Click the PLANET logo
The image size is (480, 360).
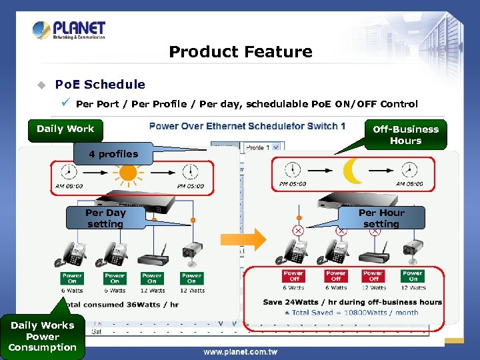(x=69, y=30)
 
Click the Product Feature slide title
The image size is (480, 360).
(x=240, y=52)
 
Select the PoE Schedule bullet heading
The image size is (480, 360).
(x=99, y=84)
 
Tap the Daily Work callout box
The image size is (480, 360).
(x=65, y=129)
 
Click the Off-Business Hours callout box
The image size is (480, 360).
(x=405, y=135)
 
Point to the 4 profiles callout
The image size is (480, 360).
(x=113, y=154)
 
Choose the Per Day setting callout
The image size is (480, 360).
(x=105, y=218)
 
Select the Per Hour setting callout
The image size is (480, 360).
(x=381, y=218)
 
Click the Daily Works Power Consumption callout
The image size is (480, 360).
(x=43, y=336)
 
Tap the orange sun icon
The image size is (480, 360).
(x=128, y=173)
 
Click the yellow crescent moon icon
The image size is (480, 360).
(x=353, y=172)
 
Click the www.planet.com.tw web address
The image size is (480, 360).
(x=240, y=351)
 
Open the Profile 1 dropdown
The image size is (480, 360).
(x=263, y=147)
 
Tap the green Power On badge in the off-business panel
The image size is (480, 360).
(x=412, y=276)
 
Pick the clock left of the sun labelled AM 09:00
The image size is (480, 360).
(x=69, y=171)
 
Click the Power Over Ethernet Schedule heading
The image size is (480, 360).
(x=247, y=126)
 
